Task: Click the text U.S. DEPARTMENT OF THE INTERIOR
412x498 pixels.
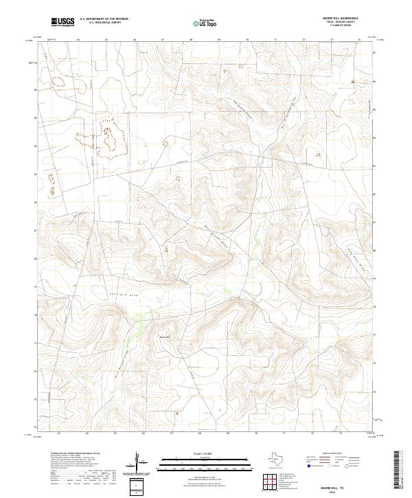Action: pyautogui.click(x=104, y=19)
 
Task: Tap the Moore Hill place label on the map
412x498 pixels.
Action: pyautogui.click(x=163, y=337)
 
